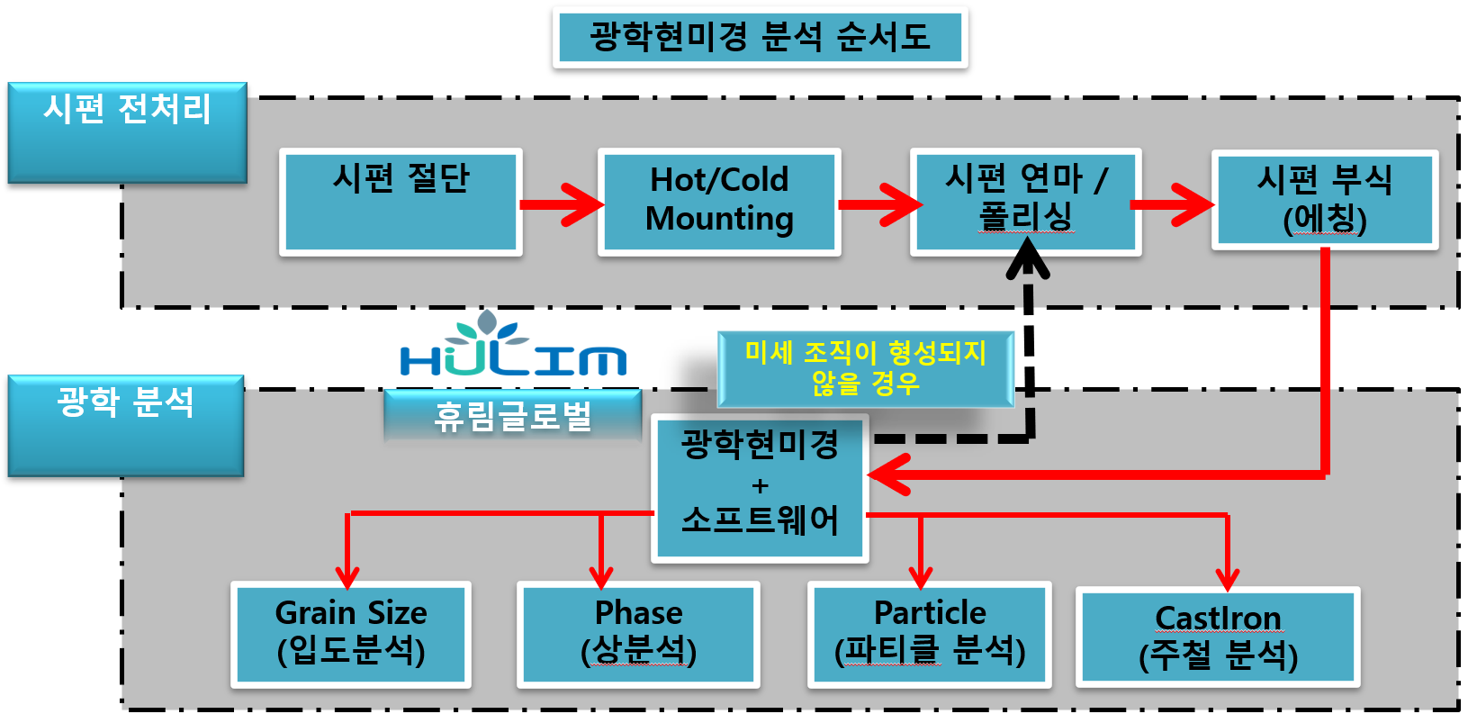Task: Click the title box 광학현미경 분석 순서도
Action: (761, 38)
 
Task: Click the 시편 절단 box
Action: (401, 202)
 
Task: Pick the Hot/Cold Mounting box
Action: (719, 202)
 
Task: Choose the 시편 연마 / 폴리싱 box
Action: (1025, 202)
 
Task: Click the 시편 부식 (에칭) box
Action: (1324, 200)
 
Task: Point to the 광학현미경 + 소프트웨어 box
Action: (760, 487)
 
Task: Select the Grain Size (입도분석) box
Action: (351, 634)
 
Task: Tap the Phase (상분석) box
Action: (638, 634)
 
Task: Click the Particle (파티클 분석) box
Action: (930, 634)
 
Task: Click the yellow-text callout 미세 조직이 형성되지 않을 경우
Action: (865, 368)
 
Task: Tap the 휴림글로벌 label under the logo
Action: (512, 416)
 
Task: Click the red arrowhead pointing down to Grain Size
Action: (347, 575)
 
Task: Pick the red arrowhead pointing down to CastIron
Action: (1228, 577)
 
